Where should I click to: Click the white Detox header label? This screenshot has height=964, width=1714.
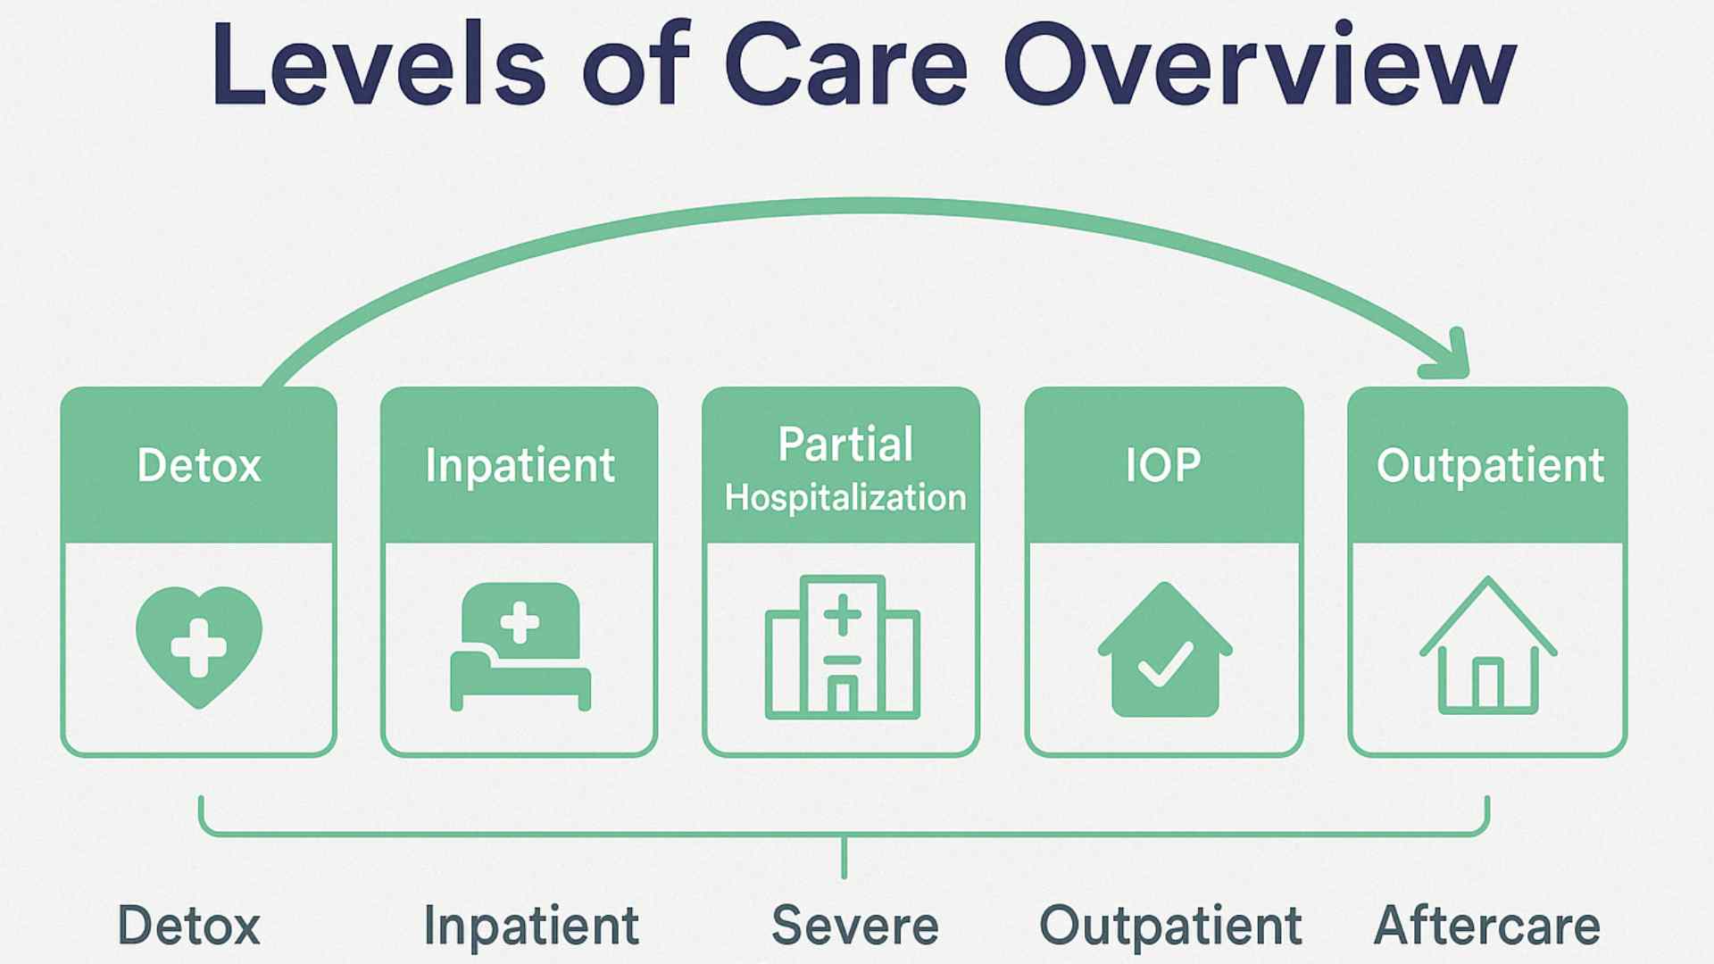click(x=199, y=465)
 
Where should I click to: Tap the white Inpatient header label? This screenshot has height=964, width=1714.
click(x=520, y=466)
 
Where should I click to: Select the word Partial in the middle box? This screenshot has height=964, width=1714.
click(x=845, y=444)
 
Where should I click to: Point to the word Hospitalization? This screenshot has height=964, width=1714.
click(x=845, y=497)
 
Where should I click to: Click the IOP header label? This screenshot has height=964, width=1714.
click(x=1163, y=465)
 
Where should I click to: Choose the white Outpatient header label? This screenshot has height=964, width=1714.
click(x=1490, y=466)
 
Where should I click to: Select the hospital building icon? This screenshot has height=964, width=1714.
click(x=842, y=647)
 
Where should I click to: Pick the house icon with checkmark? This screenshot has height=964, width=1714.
click(x=1165, y=650)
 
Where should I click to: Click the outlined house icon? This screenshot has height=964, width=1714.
click(x=1488, y=645)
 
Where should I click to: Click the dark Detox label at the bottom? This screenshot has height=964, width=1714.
click(x=189, y=926)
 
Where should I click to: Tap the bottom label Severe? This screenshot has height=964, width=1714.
click(x=855, y=926)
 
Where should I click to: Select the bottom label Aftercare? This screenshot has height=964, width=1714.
click(x=1487, y=926)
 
